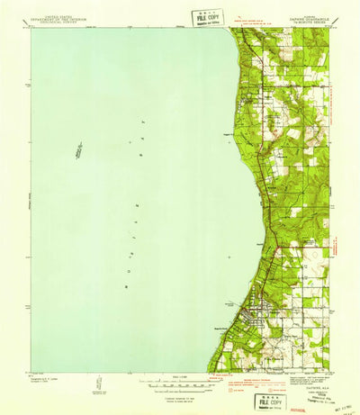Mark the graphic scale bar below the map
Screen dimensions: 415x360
click(180, 381)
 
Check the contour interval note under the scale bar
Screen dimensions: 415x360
click(180, 390)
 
